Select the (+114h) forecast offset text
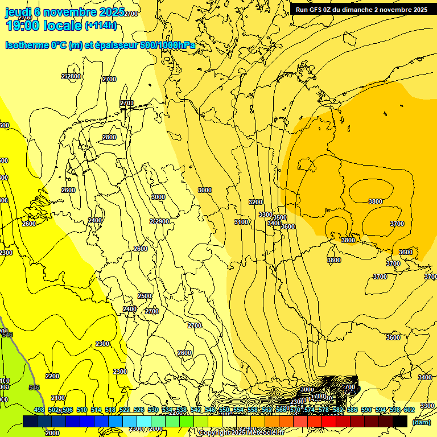[101, 26]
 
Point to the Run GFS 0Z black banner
[361, 10]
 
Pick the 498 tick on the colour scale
[39, 410]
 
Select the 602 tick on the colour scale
[409, 410]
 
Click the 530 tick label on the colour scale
[152, 410]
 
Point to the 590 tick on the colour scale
[366, 410]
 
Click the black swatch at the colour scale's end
[400, 421]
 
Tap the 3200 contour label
[255, 202]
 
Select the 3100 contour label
[241, 222]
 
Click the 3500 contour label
[279, 217]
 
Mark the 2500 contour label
[145, 296]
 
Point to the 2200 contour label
[52, 376]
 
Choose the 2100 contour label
[57, 398]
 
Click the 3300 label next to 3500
[265, 215]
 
